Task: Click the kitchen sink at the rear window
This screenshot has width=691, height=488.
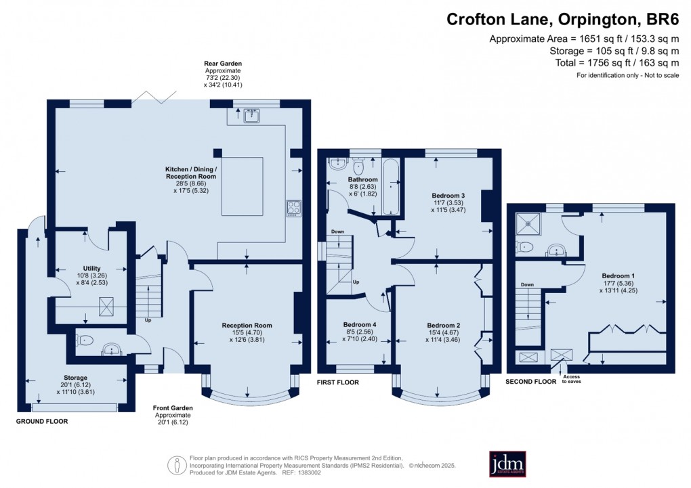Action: (x=252, y=116)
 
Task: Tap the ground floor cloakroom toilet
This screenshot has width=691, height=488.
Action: (x=84, y=341)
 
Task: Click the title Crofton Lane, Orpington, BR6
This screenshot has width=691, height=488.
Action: (x=562, y=18)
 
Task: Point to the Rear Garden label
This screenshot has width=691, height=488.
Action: (x=223, y=64)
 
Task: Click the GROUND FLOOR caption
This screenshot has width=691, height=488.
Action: (x=43, y=421)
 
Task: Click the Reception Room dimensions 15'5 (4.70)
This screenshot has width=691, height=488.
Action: (x=247, y=332)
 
